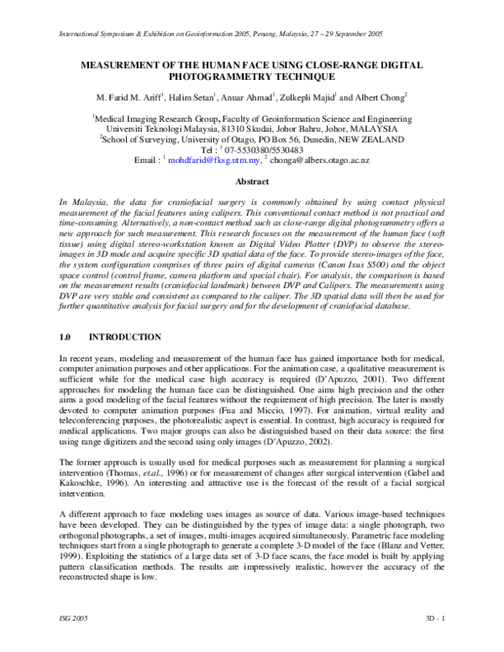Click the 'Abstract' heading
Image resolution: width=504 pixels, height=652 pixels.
(x=252, y=181)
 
